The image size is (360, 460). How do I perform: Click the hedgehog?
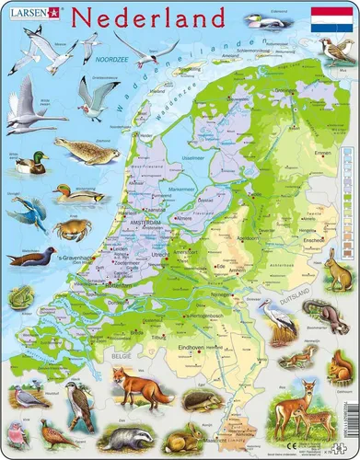click(225, 401)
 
